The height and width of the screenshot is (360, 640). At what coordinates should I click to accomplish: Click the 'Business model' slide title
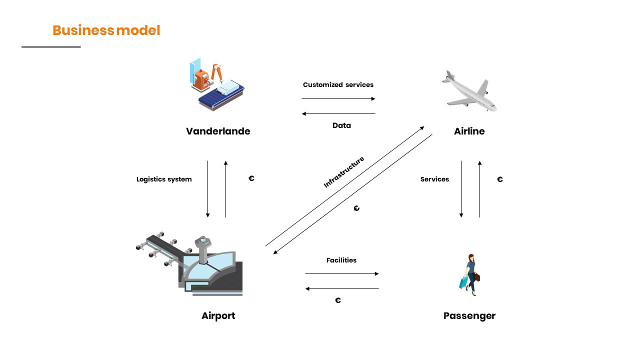(x=106, y=30)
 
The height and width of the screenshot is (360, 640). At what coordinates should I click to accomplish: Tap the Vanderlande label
(x=218, y=131)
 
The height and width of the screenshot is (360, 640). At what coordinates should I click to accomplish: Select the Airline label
(x=469, y=131)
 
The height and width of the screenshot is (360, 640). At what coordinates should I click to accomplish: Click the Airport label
(x=218, y=316)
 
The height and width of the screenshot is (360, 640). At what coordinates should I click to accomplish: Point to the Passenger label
(x=469, y=316)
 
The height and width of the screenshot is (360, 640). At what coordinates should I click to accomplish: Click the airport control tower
(x=203, y=247)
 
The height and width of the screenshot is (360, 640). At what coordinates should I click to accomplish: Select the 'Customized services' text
(x=338, y=85)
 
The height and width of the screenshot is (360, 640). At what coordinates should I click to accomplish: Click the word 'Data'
(x=341, y=125)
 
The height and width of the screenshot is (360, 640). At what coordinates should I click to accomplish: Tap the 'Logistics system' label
(x=164, y=179)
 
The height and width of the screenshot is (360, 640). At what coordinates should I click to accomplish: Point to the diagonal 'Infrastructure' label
(x=344, y=172)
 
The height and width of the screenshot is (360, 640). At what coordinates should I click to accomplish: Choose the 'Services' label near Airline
(x=434, y=179)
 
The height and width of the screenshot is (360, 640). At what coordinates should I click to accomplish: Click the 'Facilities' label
(x=341, y=260)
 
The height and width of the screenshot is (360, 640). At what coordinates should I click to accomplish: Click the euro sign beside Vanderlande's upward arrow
(x=251, y=178)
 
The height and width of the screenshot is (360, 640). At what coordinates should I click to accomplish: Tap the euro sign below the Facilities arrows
(x=338, y=300)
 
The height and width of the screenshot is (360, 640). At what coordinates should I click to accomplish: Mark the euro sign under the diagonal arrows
(x=356, y=208)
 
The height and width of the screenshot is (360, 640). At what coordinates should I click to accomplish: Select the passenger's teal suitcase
(x=464, y=282)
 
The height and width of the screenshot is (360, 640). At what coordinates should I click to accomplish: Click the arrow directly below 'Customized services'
(x=338, y=99)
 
